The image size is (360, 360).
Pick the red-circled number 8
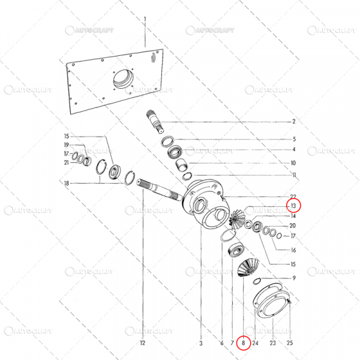pyautogui.click(x=244, y=343)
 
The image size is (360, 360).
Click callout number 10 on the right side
pyautogui.click(x=293, y=163)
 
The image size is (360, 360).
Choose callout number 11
pyautogui.click(x=293, y=175)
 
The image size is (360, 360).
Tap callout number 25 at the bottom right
pyautogui.click(x=290, y=343)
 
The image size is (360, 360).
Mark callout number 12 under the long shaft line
pyautogui.click(x=142, y=343)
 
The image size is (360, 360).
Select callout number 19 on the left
pyautogui.click(x=67, y=145)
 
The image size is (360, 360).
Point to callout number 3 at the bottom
pyautogui.click(x=201, y=343)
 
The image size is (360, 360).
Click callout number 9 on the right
pyautogui.click(x=293, y=278)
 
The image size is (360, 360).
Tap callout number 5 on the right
pyautogui.click(x=293, y=139)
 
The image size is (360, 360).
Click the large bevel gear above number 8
pyautogui.click(x=244, y=262)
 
